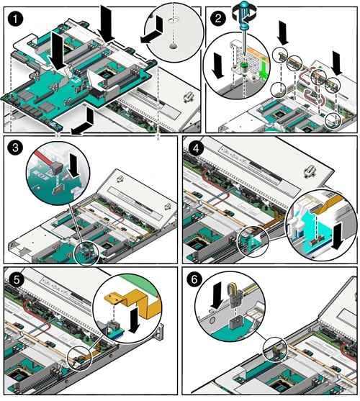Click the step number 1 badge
point(15,19)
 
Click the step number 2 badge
point(218,19)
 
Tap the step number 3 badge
point(15,148)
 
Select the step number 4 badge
point(196,148)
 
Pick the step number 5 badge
point(17,279)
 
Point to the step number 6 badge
point(194,279)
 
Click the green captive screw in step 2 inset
point(245,66)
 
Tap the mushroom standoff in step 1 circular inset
point(174,46)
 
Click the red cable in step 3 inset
point(42,157)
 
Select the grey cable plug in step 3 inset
point(57,168)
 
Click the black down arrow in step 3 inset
point(75,166)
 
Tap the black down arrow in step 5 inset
point(135,320)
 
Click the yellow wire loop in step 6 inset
point(231,288)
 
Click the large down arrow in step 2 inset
point(218,66)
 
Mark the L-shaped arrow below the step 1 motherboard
point(84,123)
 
